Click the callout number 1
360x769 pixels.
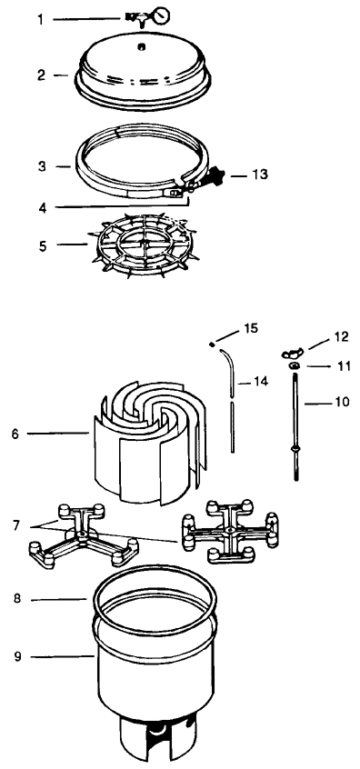click(x=41, y=20)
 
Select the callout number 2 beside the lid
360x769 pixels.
click(x=42, y=75)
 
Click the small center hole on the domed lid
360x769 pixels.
click(x=141, y=46)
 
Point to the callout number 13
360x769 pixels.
click(x=260, y=175)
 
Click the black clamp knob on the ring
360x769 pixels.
click(x=215, y=175)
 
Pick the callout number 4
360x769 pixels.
click(x=43, y=207)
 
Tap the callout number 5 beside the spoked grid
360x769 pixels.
click(x=43, y=245)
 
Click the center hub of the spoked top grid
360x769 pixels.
click(x=142, y=243)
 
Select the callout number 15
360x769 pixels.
click(x=251, y=328)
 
